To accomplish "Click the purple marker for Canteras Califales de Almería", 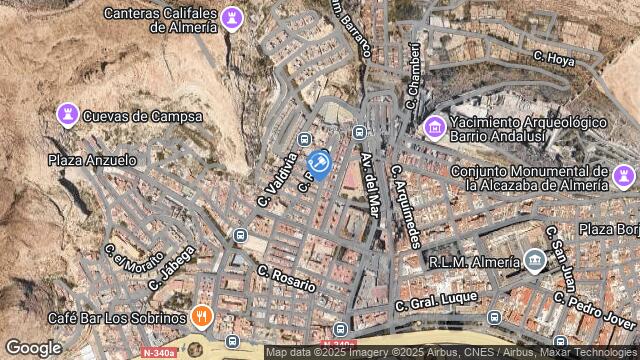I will tap(233, 19).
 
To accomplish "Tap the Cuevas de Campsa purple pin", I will tap(68, 115).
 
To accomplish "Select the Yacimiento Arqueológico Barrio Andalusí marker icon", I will tap(435, 127).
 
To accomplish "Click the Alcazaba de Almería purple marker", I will tap(624, 176).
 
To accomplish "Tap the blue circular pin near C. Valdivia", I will tap(319, 163).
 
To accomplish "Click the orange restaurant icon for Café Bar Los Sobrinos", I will tap(203, 318).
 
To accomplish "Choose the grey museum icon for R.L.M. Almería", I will tap(534, 262).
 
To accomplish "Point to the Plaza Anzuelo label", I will tap(92, 160).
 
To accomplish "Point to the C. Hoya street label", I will tap(554, 59).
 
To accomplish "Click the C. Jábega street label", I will tap(170, 268).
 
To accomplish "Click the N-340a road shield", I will tap(159, 352).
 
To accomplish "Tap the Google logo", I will tap(33, 348).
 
